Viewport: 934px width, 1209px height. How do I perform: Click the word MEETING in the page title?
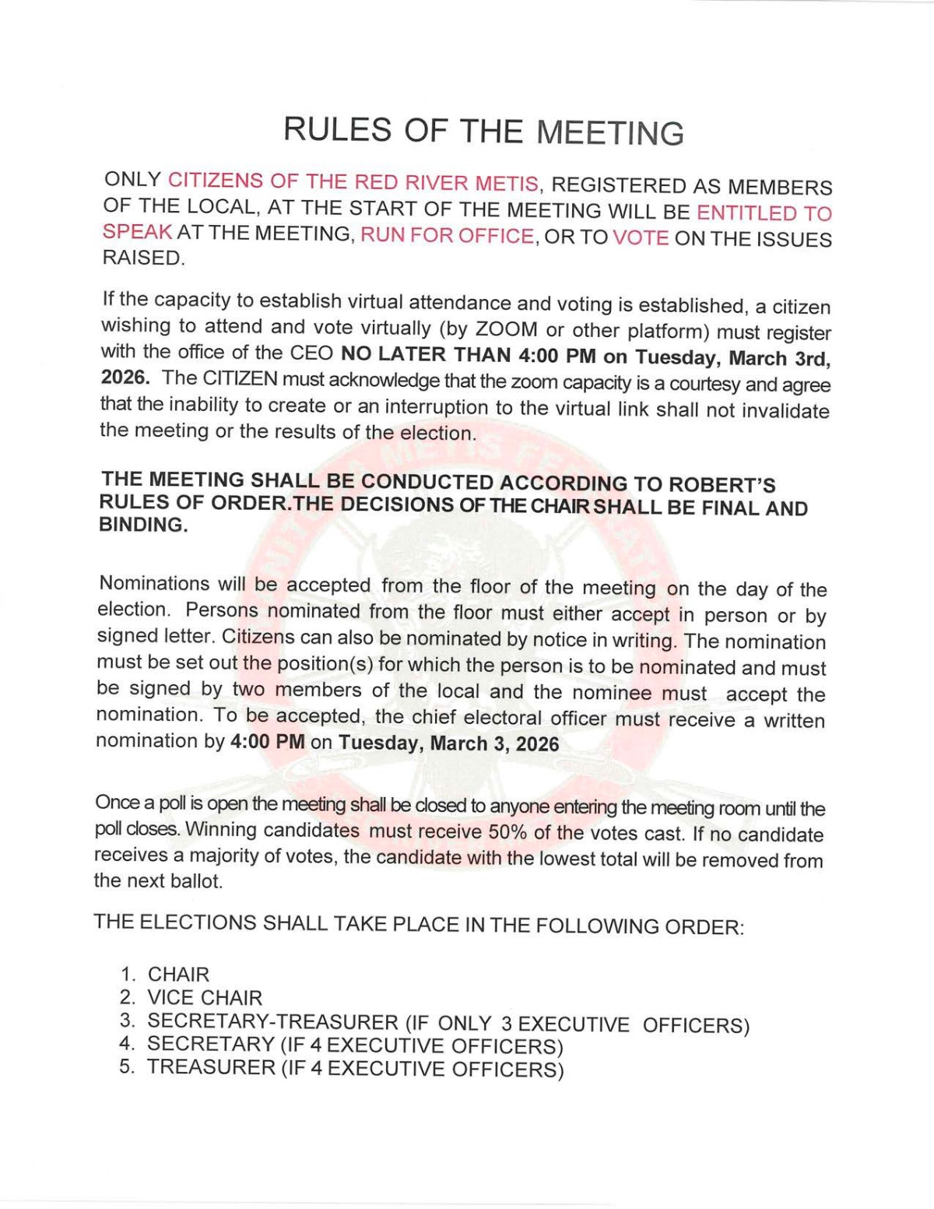pos(610,132)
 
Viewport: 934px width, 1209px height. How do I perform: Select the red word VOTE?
pos(641,237)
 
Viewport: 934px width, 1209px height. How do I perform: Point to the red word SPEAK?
pos(137,232)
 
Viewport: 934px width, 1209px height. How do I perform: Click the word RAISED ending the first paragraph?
pos(143,258)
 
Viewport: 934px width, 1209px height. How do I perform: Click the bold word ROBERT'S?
pos(722,484)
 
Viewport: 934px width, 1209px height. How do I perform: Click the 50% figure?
pos(508,831)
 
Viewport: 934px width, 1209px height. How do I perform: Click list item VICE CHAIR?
pos(205,997)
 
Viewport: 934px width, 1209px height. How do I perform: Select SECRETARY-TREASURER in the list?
pos(272,1021)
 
